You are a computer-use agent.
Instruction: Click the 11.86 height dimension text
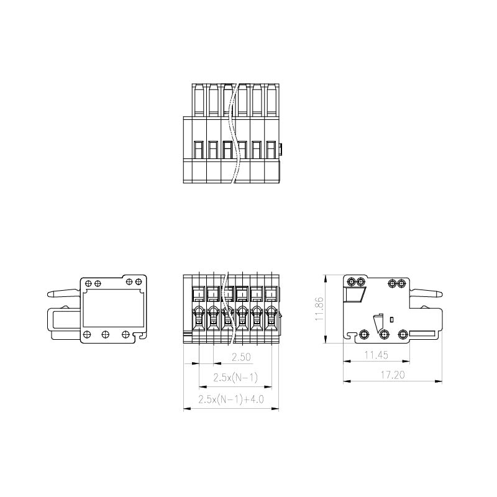(319, 309)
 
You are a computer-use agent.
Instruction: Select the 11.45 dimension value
(376, 355)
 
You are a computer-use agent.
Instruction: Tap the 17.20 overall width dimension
(393, 375)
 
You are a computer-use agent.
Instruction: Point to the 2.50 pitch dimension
(241, 357)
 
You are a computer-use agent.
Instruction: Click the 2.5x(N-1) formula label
(235, 378)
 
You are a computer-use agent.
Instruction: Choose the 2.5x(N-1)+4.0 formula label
(231, 399)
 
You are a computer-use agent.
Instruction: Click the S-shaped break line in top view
(234, 133)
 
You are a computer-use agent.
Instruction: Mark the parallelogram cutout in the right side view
(355, 294)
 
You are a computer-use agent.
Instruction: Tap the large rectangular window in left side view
(112, 308)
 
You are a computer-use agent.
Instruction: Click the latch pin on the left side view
(63, 293)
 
